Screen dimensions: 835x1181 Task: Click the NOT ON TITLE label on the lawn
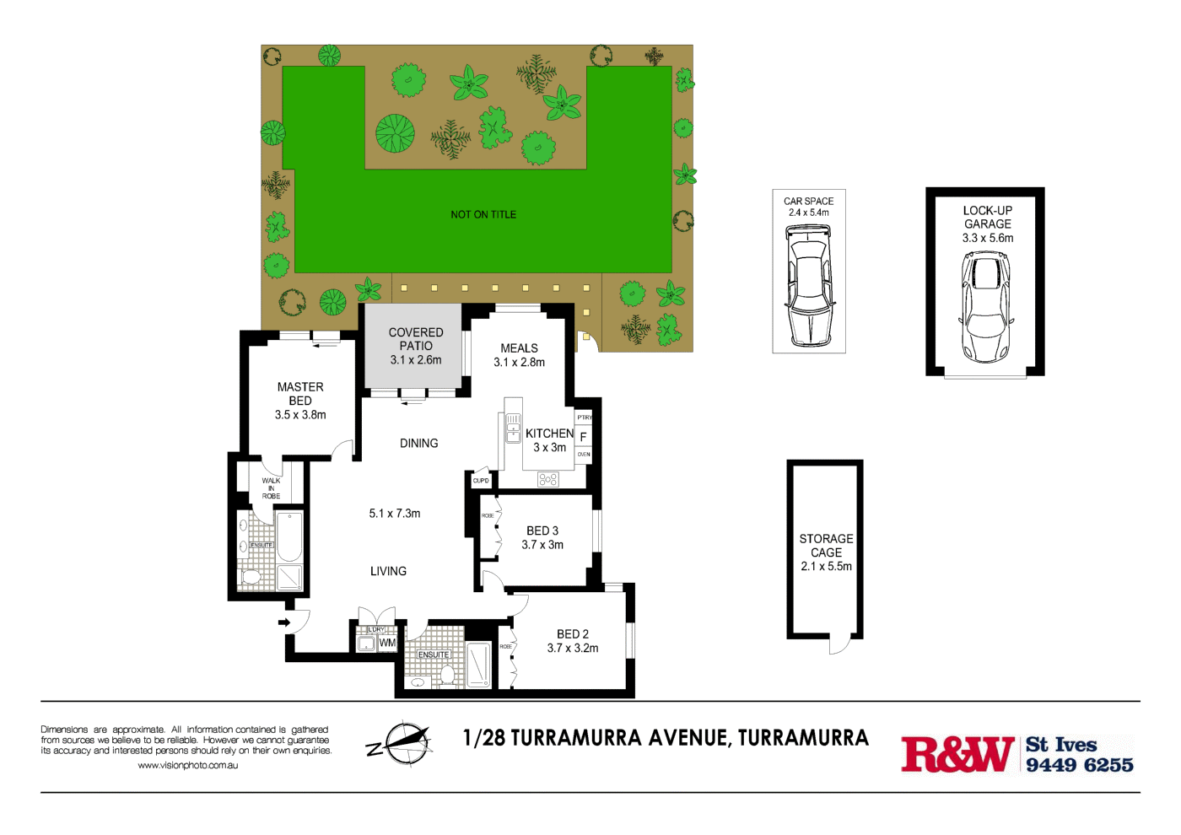483,215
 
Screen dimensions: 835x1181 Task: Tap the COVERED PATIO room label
416,339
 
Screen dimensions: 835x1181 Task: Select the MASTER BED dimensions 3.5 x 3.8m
300,415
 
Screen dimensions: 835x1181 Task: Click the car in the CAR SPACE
809,287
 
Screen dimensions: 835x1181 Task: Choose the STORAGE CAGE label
826,546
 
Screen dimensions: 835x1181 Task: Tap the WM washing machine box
387,643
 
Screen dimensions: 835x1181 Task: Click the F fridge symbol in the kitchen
583,437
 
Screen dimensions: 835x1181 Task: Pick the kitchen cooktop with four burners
548,479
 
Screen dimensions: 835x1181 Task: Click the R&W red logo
957,754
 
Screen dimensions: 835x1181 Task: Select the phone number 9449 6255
1079,765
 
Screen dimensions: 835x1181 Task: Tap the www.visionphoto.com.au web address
187,766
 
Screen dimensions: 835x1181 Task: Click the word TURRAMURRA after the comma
803,738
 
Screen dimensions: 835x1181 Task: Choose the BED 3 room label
542,531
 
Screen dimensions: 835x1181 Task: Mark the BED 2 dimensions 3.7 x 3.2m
573,649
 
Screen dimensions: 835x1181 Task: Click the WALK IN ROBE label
271,488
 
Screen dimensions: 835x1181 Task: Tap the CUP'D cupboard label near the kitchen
481,481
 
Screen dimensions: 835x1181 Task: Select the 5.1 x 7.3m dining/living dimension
395,514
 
